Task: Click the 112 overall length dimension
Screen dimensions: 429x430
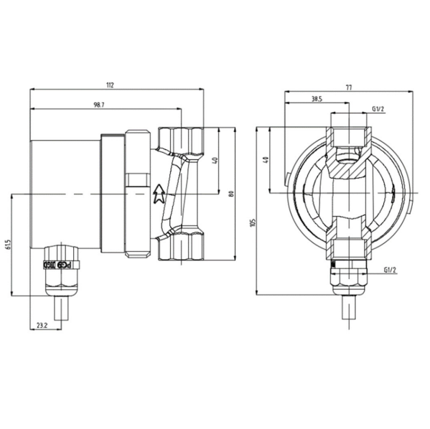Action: (109, 85)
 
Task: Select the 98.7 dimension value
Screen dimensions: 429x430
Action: (99, 105)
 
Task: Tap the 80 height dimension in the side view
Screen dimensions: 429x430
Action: (230, 193)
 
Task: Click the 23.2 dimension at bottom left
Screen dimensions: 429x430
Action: (42, 326)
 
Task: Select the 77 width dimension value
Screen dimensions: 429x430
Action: (348, 88)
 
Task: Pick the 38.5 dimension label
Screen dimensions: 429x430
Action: (316, 99)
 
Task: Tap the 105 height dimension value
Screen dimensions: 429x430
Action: (253, 222)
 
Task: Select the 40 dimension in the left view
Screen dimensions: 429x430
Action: (215, 159)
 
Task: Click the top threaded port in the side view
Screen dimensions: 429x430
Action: (179, 140)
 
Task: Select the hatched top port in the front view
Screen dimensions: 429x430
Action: (348, 136)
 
